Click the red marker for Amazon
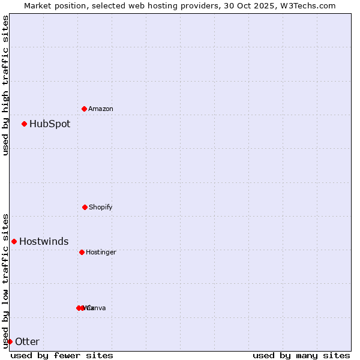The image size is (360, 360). tap(84, 109)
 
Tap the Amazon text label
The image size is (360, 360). tap(101, 109)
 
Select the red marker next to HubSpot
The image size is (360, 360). tap(25, 124)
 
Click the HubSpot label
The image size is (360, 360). tap(50, 124)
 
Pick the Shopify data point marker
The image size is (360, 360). tap(85, 207)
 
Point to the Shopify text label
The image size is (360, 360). tap(101, 207)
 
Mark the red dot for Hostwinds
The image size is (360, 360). tap(14, 241)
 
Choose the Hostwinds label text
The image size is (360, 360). tap(44, 242)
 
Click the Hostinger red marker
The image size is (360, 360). tap(82, 252)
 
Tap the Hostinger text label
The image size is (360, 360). tap(101, 252)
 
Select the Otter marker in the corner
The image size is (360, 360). tap(10, 341)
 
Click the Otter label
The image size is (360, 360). tap(27, 342)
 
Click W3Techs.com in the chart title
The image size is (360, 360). tap(310, 5)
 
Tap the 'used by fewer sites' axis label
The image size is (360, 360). tap(62, 355)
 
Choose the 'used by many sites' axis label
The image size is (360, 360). tap(301, 355)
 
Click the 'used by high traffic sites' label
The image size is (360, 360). tap(5, 85)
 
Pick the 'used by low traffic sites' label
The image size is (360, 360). tap(5, 281)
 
